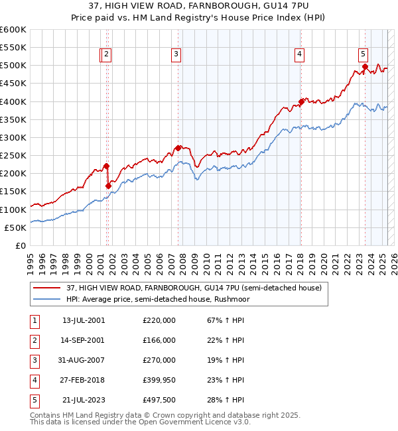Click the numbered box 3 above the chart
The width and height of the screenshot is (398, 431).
176,55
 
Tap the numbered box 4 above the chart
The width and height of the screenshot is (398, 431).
300,55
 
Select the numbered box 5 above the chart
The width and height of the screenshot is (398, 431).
364,55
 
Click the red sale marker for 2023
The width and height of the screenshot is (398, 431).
365,66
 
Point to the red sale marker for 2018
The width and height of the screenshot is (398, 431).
301,101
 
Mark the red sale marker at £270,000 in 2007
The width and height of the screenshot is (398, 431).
178,149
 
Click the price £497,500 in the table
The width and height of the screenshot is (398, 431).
159,400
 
